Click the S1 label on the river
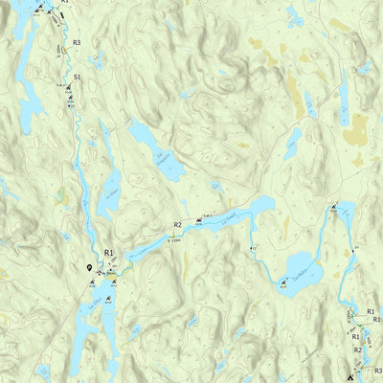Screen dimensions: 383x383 pyautogui.click(x=77, y=75)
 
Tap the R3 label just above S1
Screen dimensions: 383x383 pyautogui.click(x=76, y=43)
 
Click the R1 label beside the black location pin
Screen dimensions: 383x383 pyautogui.click(x=109, y=253)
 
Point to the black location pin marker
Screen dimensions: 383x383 pyautogui.click(x=90, y=269)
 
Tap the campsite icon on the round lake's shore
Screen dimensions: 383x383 pyautogui.click(x=283, y=282)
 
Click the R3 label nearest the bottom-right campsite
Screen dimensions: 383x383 pyautogui.click(x=377, y=370)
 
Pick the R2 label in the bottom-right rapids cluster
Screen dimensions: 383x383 pyautogui.click(x=358, y=350)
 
